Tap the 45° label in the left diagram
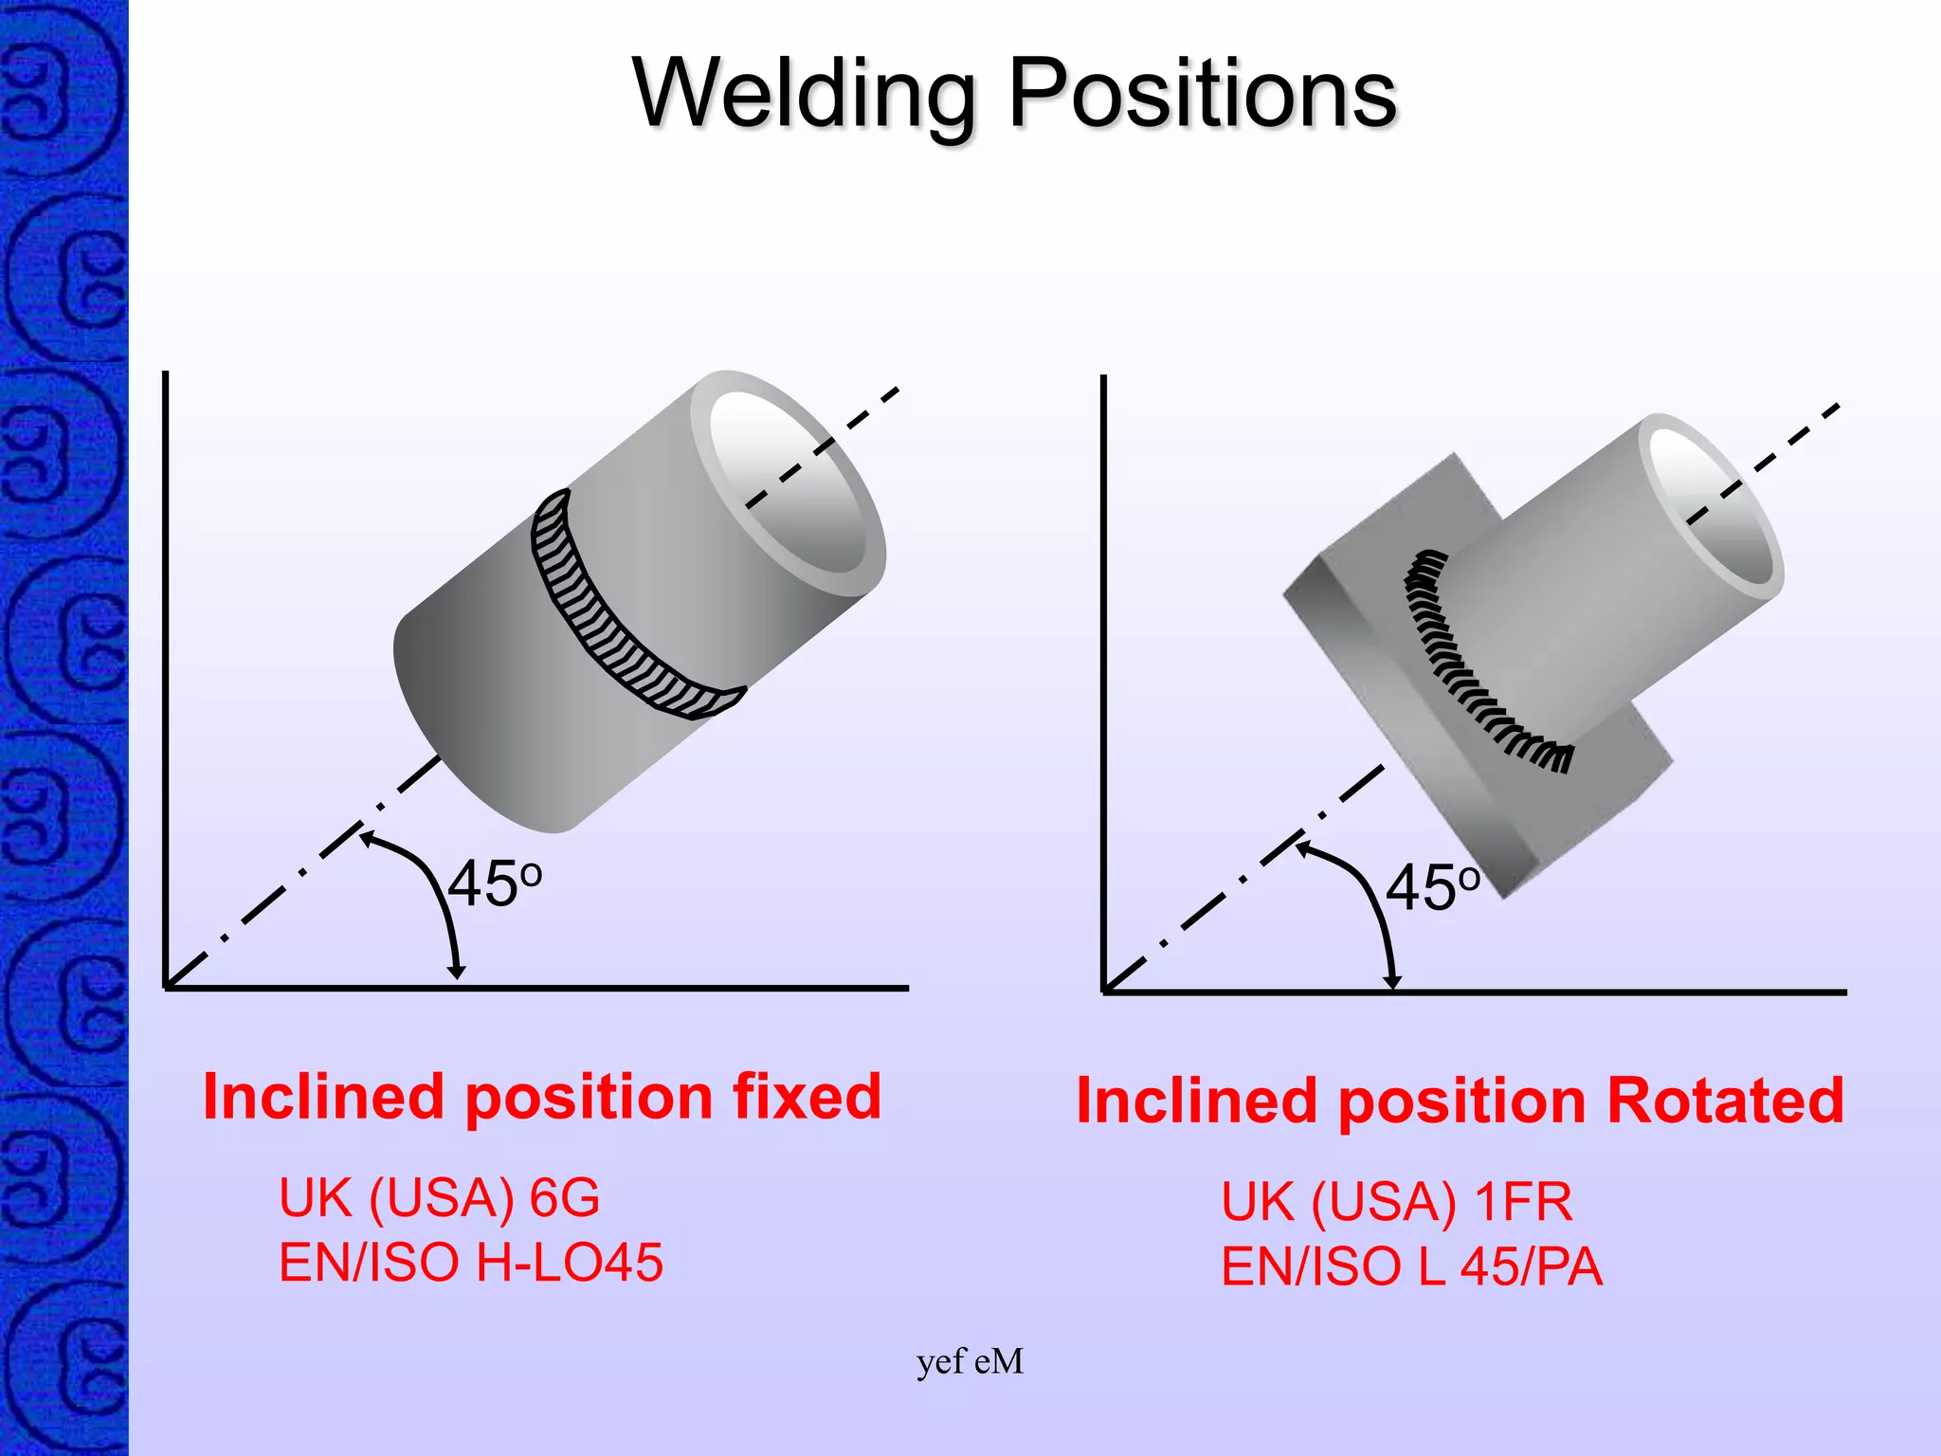click(494, 885)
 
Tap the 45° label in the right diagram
click(1431, 889)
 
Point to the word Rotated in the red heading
click(1725, 1101)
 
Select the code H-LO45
click(569, 1263)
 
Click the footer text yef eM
click(970, 1362)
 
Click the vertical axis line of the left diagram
click(166, 664)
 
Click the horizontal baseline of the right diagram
click(1611, 992)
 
